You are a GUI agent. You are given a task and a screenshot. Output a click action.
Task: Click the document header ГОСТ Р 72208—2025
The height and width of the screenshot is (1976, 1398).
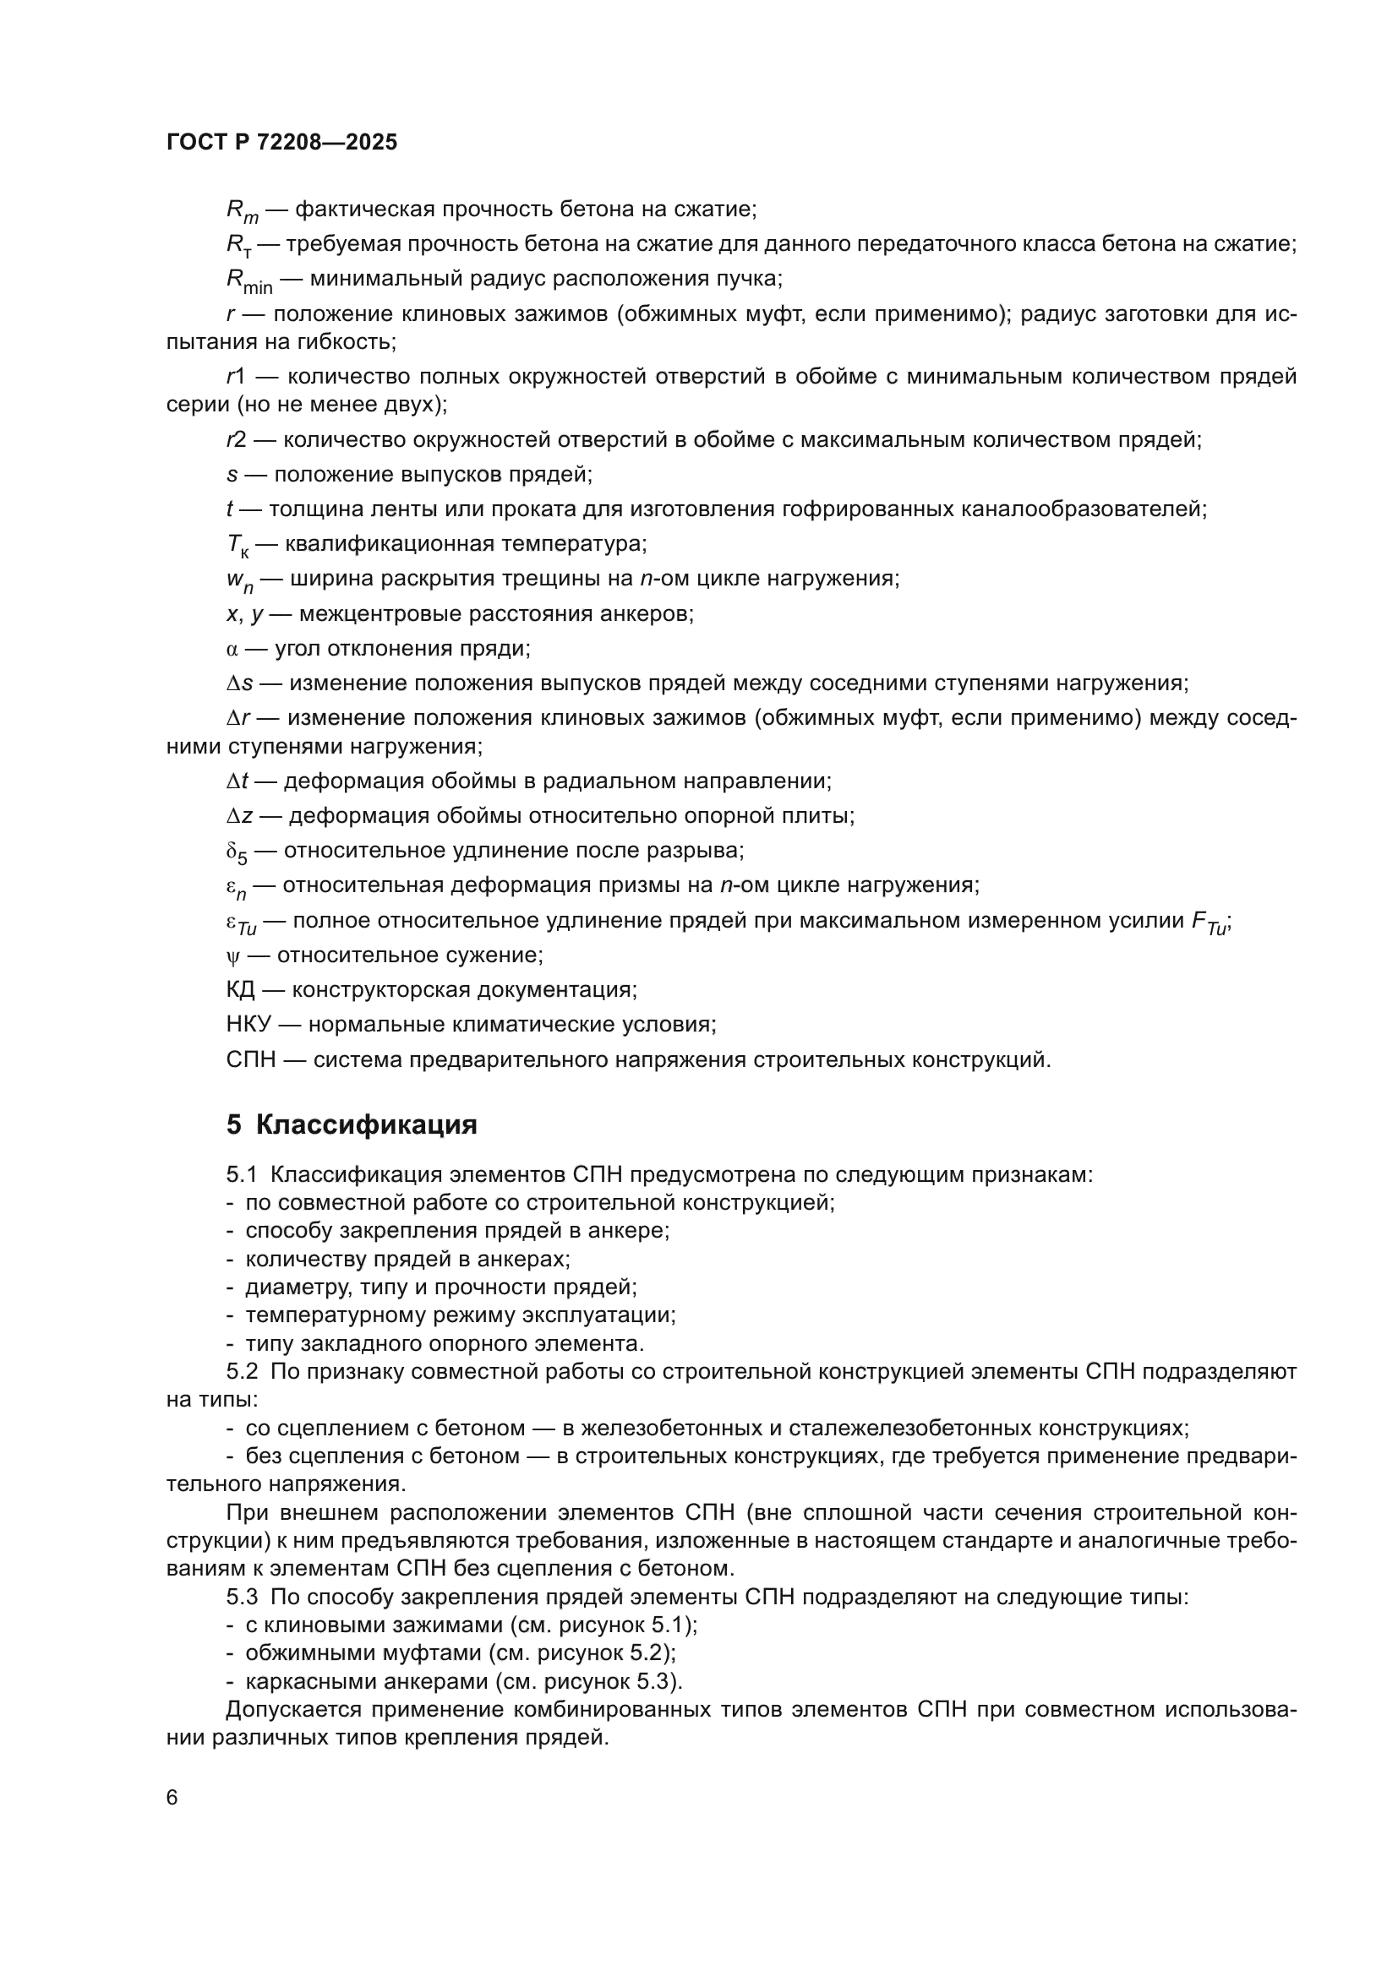tap(281, 143)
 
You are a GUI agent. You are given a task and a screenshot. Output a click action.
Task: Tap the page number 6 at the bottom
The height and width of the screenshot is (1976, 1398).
tap(172, 1798)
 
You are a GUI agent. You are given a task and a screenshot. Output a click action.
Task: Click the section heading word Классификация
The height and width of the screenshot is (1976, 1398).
tap(366, 1124)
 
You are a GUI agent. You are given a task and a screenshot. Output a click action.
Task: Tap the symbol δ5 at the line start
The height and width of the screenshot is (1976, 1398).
tap(236, 853)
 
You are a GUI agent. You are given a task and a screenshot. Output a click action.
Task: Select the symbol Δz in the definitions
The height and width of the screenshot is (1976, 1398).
tap(239, 816)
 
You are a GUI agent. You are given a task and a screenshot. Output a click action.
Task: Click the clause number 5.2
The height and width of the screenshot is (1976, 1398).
tap(242, 1371)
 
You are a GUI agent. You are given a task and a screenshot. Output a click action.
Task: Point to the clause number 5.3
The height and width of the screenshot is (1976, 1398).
tap(242, 1597)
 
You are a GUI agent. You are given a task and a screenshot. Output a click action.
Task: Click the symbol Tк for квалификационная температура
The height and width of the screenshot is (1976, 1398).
tap(238, 546)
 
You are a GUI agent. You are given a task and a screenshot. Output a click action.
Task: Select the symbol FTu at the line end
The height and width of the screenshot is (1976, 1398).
tap(1209, 923)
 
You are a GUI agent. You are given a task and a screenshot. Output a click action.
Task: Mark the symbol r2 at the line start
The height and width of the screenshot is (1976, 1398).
tap(237, 440)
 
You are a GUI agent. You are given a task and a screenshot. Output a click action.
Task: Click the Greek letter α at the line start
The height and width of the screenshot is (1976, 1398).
tap(232, 649)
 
